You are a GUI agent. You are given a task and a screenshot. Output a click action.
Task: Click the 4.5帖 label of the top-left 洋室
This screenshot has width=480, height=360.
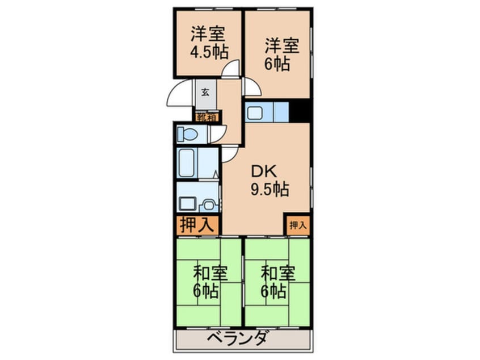click(x=209, y=53)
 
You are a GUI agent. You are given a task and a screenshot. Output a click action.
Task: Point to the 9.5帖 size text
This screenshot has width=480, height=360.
click(x=270, y=189)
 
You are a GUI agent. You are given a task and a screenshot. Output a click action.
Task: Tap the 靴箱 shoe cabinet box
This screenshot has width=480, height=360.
click(x=207, y=118)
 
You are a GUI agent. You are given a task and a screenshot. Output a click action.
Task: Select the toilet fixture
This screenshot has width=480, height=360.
click(x=187, y=135)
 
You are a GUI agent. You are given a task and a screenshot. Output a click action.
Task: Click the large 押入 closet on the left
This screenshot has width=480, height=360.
click(x=197, y=225)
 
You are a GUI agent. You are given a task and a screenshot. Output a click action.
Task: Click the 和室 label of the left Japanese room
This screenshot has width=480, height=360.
click(x=210, y=274)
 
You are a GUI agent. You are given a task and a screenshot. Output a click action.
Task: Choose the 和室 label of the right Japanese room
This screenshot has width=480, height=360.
click(x=278, y=274)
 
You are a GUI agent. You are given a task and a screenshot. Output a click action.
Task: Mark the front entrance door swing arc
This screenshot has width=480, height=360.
click(x=180, y=94)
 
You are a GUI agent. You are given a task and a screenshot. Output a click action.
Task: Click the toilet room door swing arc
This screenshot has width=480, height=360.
click(x=216, y=135)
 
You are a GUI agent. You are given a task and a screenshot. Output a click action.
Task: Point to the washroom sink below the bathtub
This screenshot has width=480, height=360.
click(x=188, y=202)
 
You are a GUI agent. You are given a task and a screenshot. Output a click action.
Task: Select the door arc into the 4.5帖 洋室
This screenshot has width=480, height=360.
click(x=231, y=70)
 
